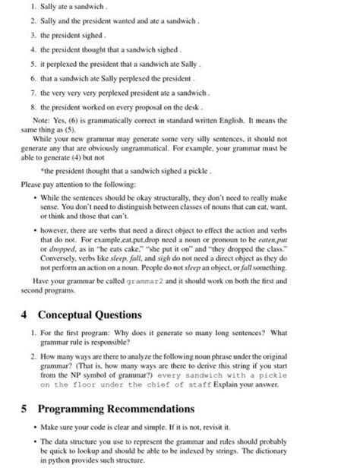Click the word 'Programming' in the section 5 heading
tap(77, 408)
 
